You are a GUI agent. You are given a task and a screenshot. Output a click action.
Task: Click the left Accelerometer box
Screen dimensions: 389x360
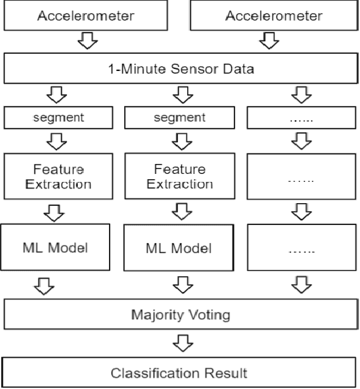tap(86, 16)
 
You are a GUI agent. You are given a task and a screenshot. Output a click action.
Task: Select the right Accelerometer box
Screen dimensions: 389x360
tap(274, 16)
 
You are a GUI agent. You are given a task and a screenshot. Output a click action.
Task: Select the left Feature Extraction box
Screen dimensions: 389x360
tap(58, 177)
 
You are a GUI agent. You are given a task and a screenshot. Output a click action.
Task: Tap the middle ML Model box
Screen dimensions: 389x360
tap(178, 248)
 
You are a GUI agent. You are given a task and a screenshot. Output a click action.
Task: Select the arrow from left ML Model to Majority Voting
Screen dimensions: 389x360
tap(45, 285)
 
